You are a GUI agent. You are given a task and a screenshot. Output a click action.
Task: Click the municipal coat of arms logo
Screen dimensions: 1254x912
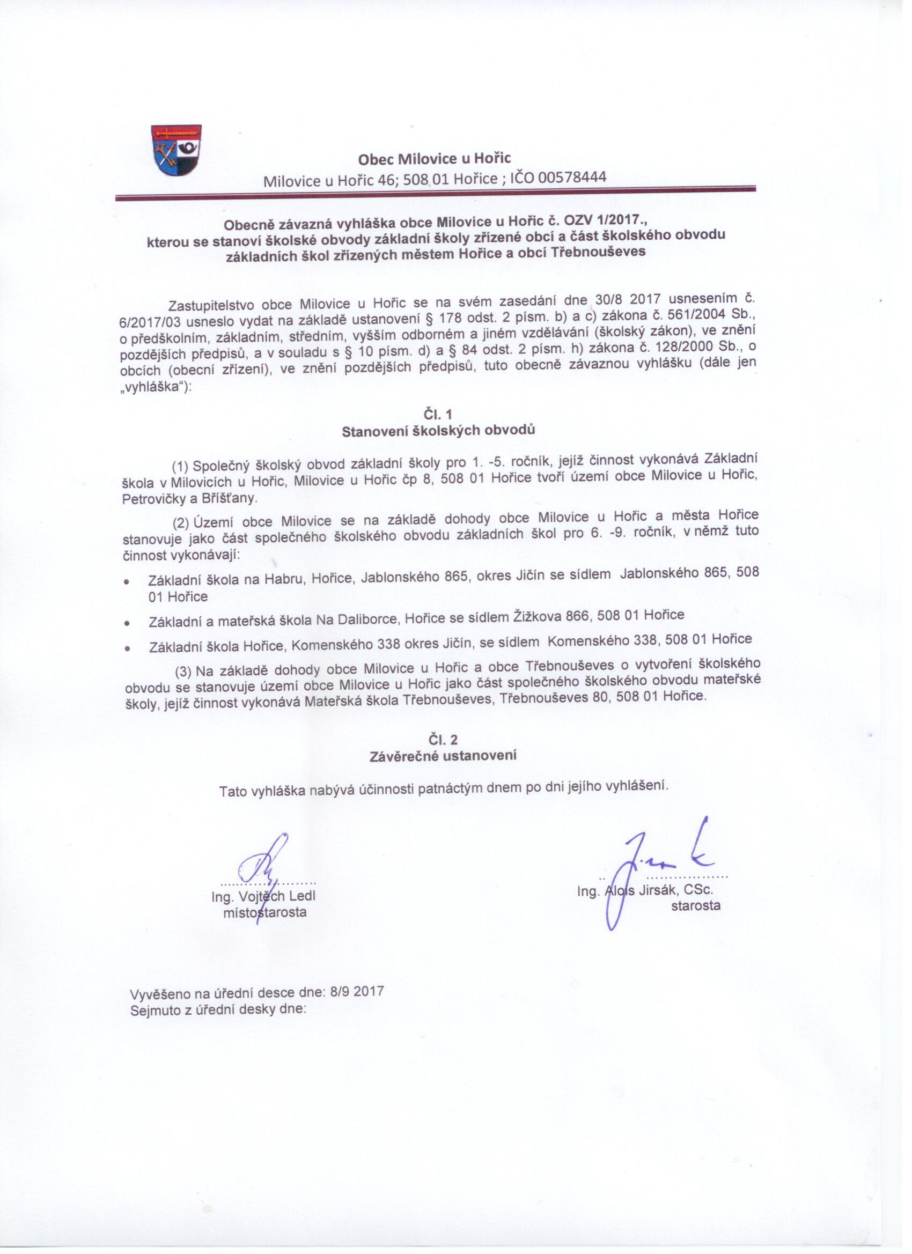click(x=176, y=150)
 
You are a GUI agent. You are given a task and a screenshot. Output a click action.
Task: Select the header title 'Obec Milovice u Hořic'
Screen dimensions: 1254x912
click(x=434, y=159)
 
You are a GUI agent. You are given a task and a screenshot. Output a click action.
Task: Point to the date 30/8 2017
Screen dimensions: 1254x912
click(x=628, y=300)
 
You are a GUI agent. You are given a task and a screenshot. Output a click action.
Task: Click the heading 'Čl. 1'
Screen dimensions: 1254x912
click(x=437, y=414)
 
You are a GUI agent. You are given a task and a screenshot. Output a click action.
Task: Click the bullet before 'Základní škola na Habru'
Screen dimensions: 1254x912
click(x=127, y=581)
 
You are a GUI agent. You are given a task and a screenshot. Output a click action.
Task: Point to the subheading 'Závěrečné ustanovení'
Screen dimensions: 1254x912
click(x=443, y=756)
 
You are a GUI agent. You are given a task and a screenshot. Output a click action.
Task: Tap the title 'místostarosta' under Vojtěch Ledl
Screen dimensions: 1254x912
click(x=264, y=912)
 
